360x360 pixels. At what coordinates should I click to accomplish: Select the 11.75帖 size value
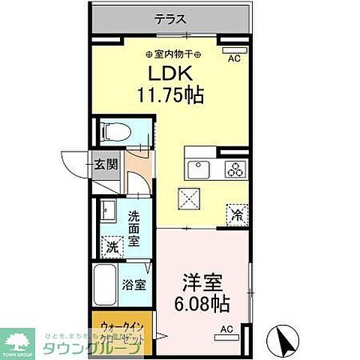[x=171, y=96]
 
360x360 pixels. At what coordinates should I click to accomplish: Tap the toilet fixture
[x=115, y=132]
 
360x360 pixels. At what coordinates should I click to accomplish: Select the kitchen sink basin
[x=200, y=169]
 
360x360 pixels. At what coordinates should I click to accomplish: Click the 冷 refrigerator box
[x=237, y=214]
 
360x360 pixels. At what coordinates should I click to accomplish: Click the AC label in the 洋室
[x=226, y=328]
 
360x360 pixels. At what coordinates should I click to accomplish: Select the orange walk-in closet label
[x=121, y=331]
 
